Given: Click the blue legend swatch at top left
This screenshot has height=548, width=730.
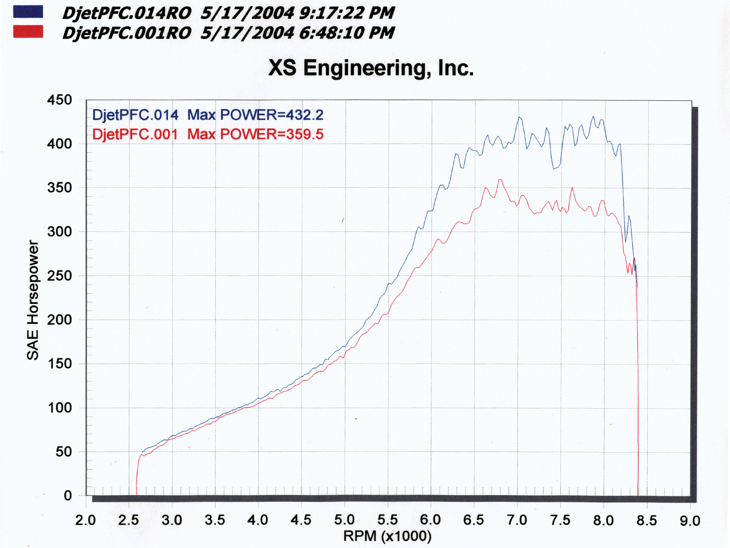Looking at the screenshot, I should (28, 12).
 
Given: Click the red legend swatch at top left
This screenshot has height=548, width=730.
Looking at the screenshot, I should (28, 31).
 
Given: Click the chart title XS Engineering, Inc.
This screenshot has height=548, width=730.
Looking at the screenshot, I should (371, 68).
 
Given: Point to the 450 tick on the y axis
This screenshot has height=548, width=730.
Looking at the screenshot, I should (59, 100).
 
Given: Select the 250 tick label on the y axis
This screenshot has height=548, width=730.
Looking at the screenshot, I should (59, 276).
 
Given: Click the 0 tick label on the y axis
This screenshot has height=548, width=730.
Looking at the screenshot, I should (67, 496).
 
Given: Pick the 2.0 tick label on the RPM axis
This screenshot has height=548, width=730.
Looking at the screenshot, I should (85, 520).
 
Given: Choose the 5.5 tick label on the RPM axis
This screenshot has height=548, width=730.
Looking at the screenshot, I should (387, 520).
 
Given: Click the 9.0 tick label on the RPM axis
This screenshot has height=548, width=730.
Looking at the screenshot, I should (690, 520).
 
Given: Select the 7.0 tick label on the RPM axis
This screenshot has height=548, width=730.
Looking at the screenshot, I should (517, 520).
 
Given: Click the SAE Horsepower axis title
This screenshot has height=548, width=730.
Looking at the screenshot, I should (33, 300).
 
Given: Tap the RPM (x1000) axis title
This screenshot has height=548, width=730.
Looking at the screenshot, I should (387, 536).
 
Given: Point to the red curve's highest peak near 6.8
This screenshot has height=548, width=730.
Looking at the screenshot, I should (500, 180).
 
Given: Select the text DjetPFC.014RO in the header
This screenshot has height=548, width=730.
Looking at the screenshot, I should (127, 13).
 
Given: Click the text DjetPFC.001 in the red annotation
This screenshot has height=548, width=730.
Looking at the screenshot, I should (135, 134).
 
